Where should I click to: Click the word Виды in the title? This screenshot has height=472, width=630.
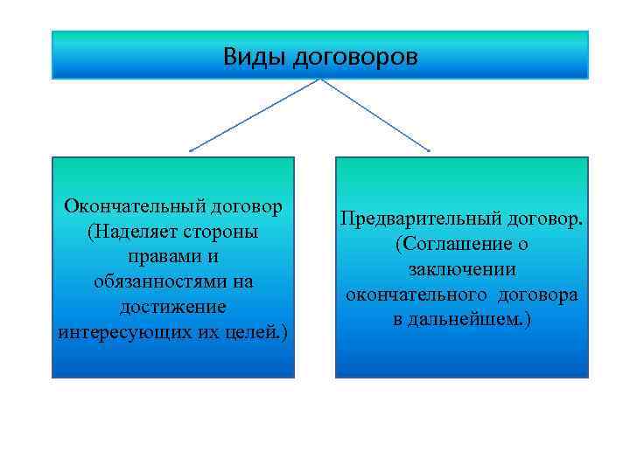253,58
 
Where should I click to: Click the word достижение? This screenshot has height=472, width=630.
173,309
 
